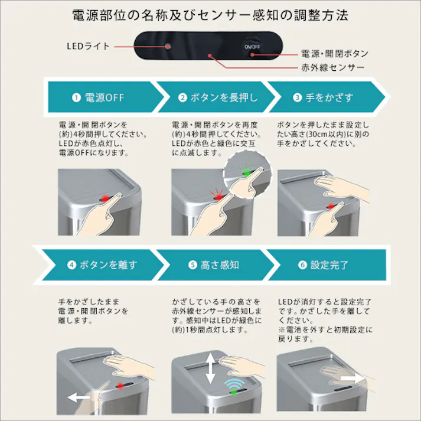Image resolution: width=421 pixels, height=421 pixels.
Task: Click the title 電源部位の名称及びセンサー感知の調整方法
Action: pos(210,15)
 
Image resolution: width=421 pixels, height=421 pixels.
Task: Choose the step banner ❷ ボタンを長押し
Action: pos(218,97)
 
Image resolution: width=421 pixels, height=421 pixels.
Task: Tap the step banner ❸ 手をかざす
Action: pos(322,97)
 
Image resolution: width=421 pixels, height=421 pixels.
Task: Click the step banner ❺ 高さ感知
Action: pos(213,265)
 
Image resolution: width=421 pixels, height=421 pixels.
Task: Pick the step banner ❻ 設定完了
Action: pos(322,265)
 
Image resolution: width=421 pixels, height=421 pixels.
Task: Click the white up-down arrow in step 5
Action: pos(211,369)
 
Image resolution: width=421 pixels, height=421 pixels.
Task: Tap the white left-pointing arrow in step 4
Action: pos(79,397)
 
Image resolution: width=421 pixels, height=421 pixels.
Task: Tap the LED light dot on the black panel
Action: pos(168,46)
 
